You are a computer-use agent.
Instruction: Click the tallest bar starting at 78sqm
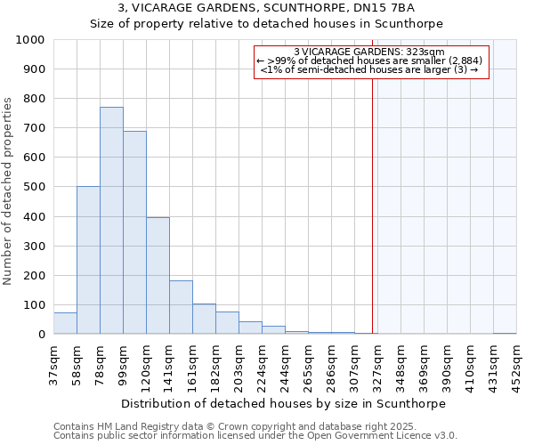[x=111, y=221]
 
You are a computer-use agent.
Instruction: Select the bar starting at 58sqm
[x=88, y=260]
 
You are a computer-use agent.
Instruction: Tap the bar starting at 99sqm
[x=134, y=232]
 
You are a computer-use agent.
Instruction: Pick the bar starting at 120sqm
[x=158, y=276]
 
